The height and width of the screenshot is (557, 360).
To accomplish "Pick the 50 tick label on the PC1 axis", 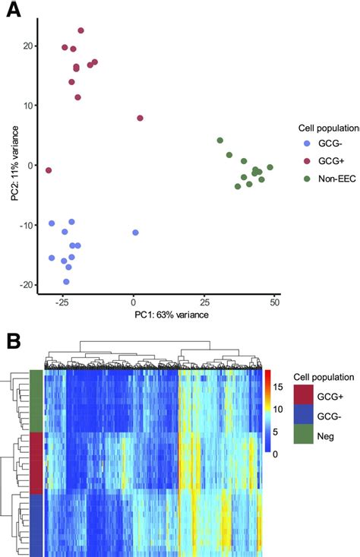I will click(x=274, y=301).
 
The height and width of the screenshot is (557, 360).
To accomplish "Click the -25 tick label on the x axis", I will click(x=63, y=301).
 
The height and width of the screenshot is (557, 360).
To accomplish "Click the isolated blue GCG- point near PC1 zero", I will click(x=135, y=233).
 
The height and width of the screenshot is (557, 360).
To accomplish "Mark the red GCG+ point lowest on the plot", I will click(x=49, y=170).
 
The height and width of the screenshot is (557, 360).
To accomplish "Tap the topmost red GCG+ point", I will click(x=81, y=30).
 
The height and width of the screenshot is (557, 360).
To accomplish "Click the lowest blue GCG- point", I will click(x=66, y=281).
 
